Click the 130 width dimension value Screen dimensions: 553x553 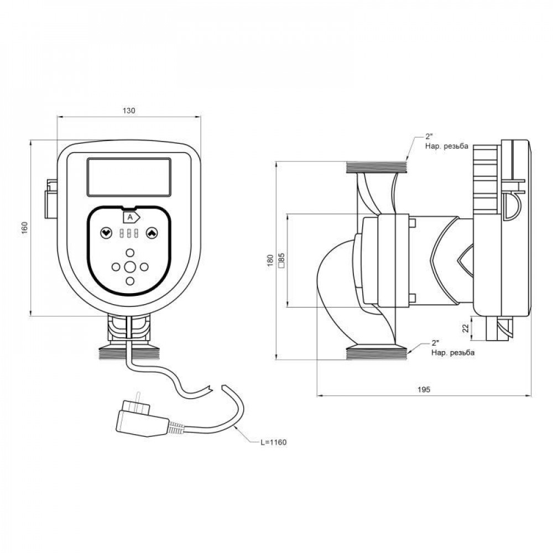(128, 111)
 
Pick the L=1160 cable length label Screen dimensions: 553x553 (275, 442)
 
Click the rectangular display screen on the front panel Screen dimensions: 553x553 (128, 177)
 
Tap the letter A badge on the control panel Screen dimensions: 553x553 (131, 217)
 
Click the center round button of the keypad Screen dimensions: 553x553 (130, 267)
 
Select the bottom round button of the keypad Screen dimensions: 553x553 (130, 280)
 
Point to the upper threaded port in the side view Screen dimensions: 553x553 (377, 166)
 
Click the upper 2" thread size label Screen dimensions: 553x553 (429, 136)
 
